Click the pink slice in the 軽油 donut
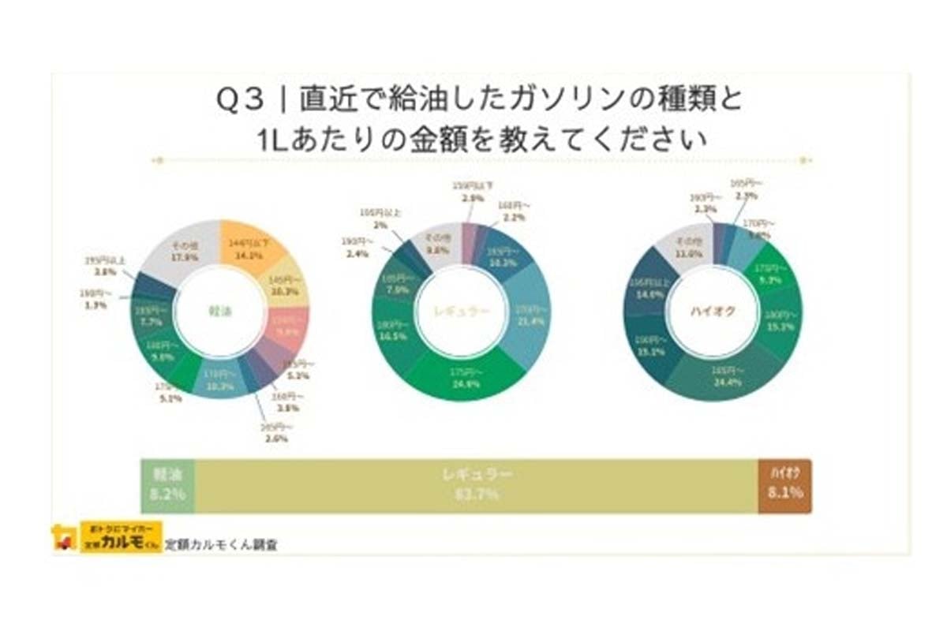click(x=286, y=331)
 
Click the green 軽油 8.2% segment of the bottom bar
click(x=167, y=485)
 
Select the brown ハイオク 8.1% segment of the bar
click(x=784, y=485)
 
